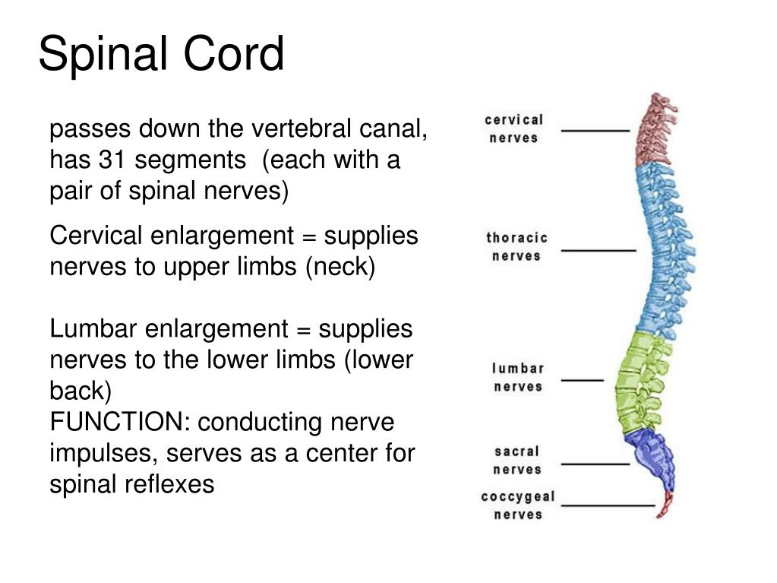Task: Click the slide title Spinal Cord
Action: (161, 55)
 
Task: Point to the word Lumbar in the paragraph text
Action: (93, 329)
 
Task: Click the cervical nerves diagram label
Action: (514, 128)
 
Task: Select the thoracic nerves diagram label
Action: (516, 247)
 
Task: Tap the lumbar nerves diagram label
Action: (519, 378)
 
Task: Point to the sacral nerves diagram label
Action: (518, 461)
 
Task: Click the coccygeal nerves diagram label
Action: (518, 505)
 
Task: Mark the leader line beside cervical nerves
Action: (595, 131)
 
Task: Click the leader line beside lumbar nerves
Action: (582, 379)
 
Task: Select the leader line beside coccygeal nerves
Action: (608, 505)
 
